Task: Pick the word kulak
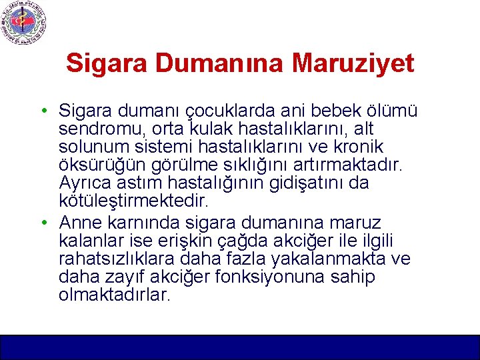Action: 208,128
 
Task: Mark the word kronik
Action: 358,146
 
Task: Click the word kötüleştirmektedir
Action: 133,201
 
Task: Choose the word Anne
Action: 79,222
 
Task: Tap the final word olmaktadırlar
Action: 114,295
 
